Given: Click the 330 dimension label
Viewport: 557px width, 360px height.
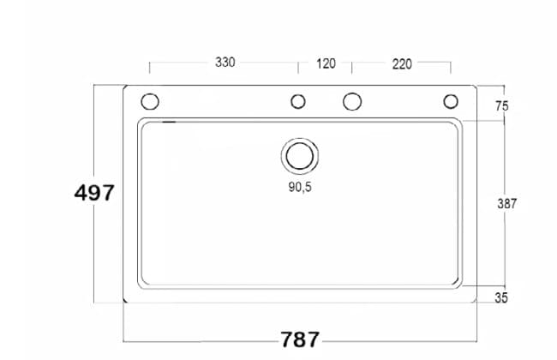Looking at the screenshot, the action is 225,63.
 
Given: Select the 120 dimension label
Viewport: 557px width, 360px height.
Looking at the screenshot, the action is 326,63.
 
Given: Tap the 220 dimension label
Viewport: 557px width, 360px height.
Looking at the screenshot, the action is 402,64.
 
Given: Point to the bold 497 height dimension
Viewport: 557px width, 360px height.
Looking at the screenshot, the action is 94,193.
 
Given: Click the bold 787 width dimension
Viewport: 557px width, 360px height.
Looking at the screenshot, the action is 300,339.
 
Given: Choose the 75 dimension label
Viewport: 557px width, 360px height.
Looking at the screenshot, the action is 502,106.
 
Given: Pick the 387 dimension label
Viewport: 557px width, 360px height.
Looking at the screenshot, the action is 507,204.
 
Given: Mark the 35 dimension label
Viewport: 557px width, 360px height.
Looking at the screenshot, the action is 501,297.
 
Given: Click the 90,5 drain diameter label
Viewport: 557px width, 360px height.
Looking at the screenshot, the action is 300,187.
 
